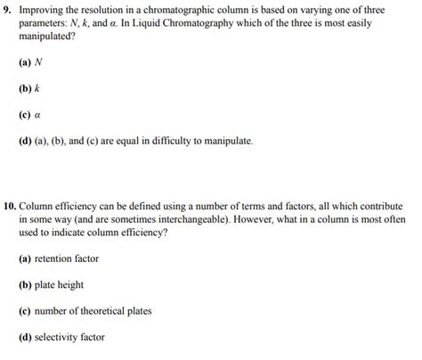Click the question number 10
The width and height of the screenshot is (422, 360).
9,206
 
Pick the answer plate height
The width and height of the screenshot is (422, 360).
61,284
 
